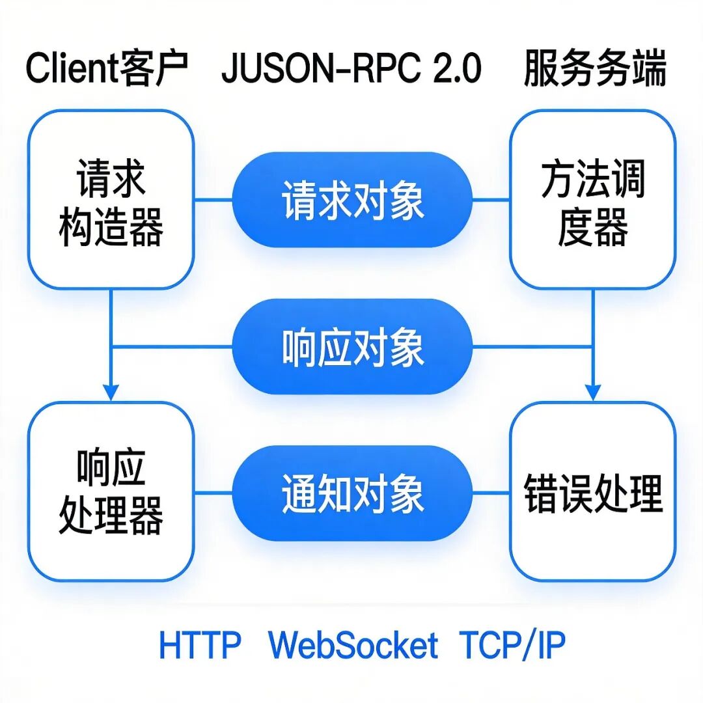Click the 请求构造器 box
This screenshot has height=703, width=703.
coord(111,199)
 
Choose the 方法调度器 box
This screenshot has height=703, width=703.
coord(592,199)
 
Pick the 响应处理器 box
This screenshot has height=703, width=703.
coord(111,492)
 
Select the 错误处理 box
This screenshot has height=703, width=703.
coord(592,492)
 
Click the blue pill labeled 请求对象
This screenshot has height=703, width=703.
coord(352,200)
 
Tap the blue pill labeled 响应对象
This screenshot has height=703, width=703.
coord(352,346)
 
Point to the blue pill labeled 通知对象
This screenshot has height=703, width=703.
coord(352,493)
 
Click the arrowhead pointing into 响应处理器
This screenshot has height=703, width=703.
coord(111,393)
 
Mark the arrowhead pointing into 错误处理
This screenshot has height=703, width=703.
coord(592,393)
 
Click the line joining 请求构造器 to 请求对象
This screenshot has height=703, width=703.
coord(213,200)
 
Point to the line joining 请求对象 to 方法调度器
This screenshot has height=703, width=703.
coord(491,200)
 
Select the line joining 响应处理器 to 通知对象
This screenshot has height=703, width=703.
coord(213,493)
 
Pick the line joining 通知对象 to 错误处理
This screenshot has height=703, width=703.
coord(491,493)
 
